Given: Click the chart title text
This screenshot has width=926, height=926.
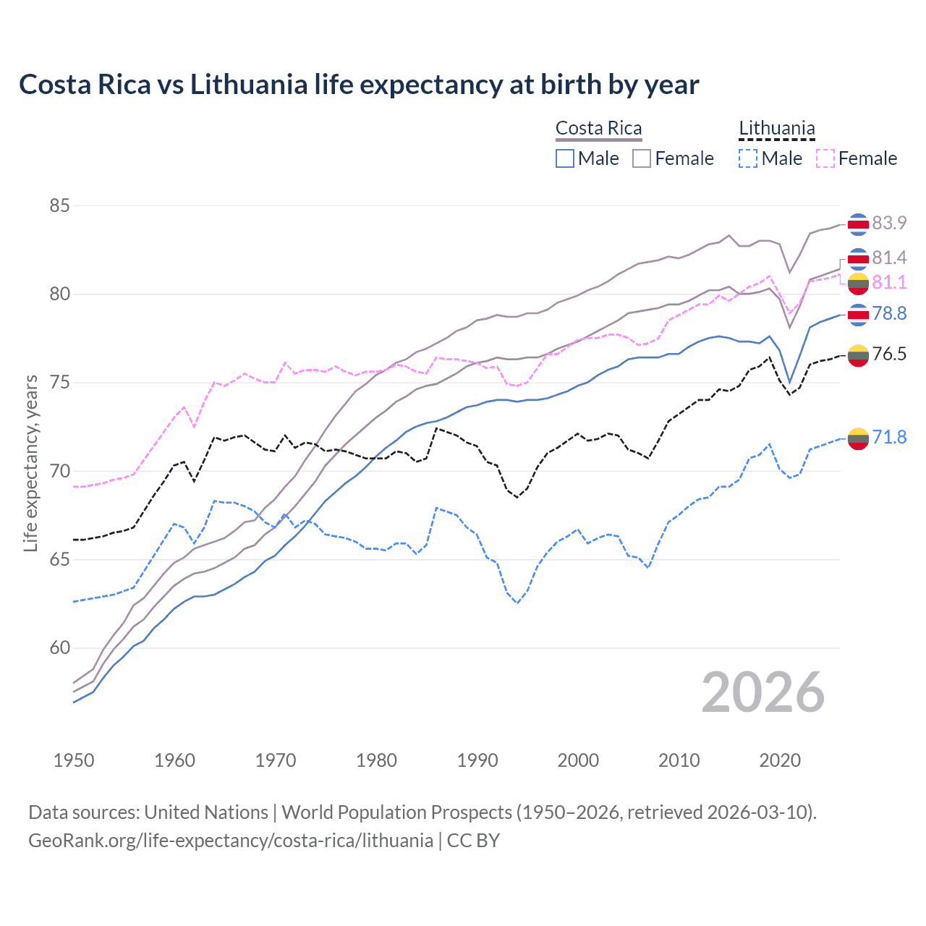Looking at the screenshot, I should click(x=359, y=85).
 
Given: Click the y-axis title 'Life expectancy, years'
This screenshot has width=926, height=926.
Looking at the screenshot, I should click(x=30, y=463).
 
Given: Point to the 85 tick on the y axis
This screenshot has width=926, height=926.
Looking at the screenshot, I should click(x=59, y=206).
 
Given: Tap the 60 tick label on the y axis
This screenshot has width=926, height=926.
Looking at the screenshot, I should click(x=59, y=648).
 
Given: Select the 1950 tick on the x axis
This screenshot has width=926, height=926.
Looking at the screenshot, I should click(x=74, y=760).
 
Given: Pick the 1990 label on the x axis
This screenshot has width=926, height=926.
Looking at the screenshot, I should click(x=477, y=760).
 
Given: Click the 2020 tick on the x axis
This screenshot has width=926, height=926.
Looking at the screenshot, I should click(x=780, y=760).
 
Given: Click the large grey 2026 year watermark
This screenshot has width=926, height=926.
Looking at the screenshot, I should click(x=763, y=693).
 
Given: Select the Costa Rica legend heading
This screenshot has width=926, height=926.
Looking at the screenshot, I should click(x=598, y=129).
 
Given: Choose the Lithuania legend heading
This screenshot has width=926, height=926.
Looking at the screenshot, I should click(x=776, y=129).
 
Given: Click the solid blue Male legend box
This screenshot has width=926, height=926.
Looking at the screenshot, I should click(x=565, y=158).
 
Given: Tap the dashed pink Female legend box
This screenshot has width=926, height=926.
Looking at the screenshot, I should click(x=825, y=158).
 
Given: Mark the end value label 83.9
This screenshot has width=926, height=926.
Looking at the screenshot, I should click(x=889, y=223).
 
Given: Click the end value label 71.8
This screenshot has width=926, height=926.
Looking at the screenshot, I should click(x=889, y=437).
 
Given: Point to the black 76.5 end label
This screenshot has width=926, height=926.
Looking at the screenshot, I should click(x=889, y=354).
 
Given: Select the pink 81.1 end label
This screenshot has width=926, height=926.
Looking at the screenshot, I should click(x=889, y=282).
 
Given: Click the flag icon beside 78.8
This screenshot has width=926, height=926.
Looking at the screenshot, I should click(x=858, y=315).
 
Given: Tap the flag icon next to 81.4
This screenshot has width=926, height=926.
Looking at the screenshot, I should click(x=858, y=258).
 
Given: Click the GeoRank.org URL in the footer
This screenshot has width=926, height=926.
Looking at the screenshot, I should click(x=231, y=841).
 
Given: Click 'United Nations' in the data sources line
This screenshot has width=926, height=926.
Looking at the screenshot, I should click(x=206, y=812).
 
